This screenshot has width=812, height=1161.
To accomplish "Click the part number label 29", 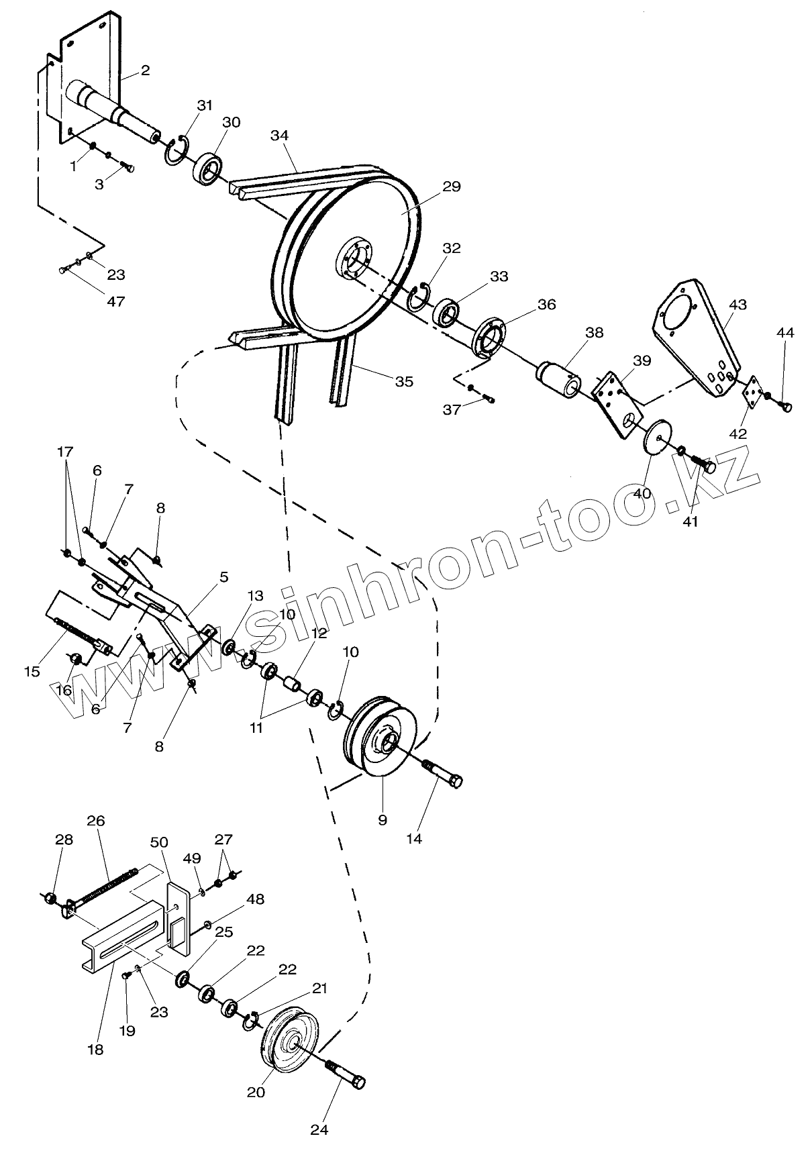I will coord(452,186).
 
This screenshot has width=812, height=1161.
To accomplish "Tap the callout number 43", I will coord(738,304).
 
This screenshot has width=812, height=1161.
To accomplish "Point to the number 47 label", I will coord(116,301).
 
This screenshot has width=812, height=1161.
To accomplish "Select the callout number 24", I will coord(319,1129).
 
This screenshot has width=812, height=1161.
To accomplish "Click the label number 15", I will coord(32,670).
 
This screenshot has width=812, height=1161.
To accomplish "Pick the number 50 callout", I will coord(160,842).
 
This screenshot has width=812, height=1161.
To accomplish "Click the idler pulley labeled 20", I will coord(290,1042).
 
